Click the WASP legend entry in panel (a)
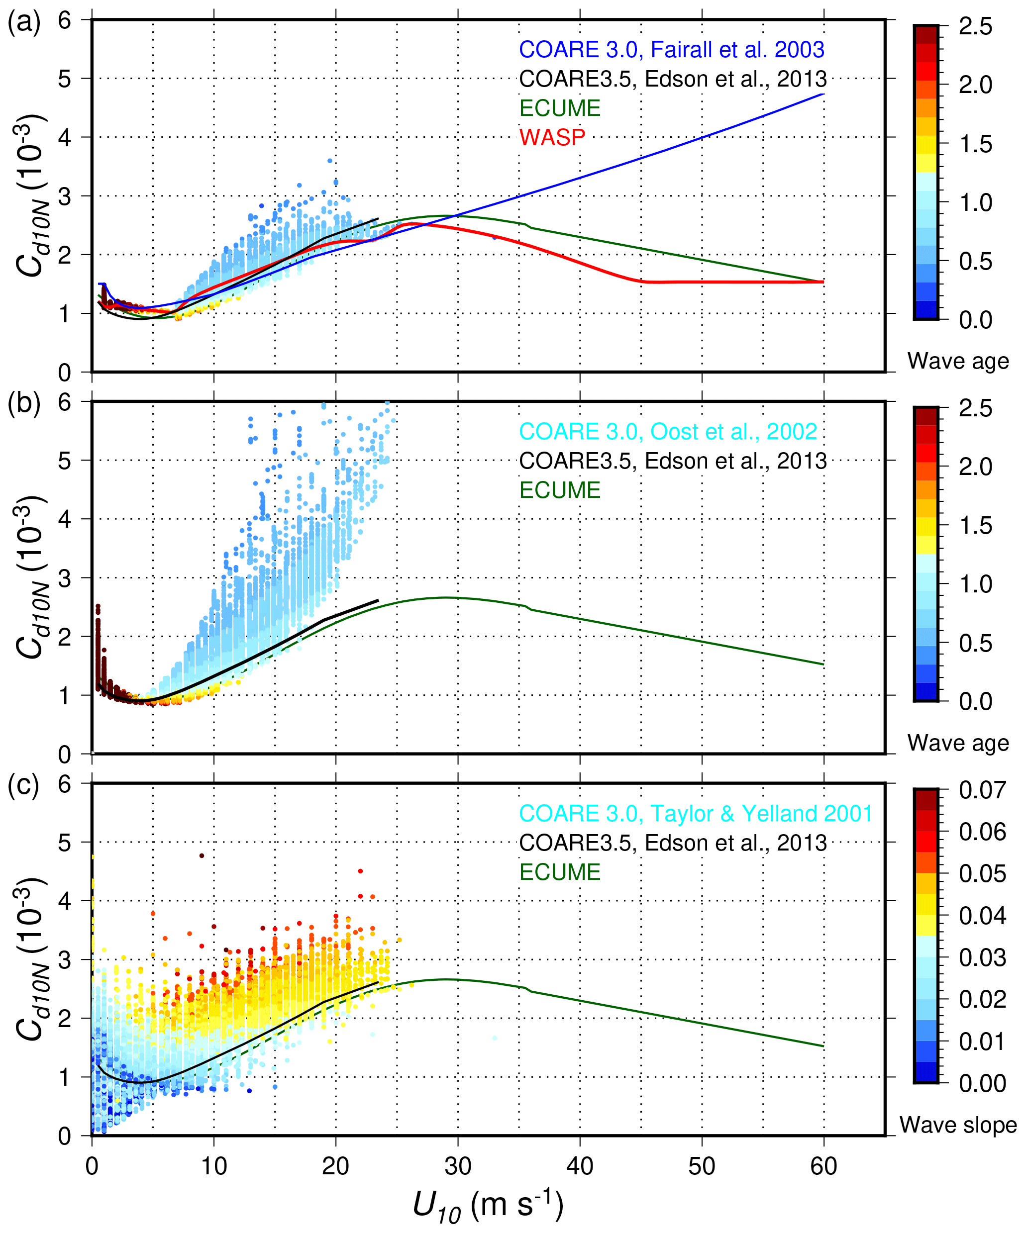552,137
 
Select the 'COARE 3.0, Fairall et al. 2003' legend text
671,49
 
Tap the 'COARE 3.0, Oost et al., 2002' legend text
668,432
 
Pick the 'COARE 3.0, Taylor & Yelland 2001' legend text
695,813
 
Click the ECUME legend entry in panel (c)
560,872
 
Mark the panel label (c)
24,786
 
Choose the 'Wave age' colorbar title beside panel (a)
958,361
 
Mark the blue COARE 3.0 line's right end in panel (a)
823,94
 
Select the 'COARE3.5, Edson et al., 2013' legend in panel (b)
672,461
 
